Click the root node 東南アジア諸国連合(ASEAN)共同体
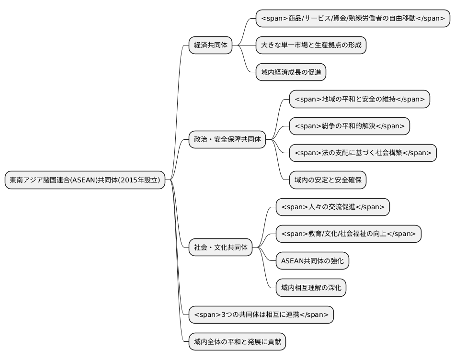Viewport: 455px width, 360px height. (85, 180)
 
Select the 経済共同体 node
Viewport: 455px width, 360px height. (210, 45)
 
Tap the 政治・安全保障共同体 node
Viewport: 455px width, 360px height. (227, 140)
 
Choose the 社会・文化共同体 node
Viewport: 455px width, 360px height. (220, 247)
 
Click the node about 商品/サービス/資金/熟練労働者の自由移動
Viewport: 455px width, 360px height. (353, 19)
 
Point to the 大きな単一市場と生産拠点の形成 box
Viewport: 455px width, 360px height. (311, 45)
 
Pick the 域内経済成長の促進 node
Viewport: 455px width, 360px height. (291, 72)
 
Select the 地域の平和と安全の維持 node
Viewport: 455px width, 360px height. (360, 99)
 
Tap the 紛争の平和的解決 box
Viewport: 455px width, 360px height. (350, 126)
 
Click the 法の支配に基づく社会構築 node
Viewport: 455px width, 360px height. (363, 153)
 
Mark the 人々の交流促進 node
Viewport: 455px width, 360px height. (333, 207)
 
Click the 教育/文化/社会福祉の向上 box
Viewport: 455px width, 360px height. (349, 234)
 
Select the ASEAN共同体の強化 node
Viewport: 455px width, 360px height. (312, 261)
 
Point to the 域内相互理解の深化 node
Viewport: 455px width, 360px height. (311, 288)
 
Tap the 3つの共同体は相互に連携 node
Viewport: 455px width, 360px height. (261, 315)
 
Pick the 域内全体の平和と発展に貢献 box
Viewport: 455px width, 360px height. (237, 342)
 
